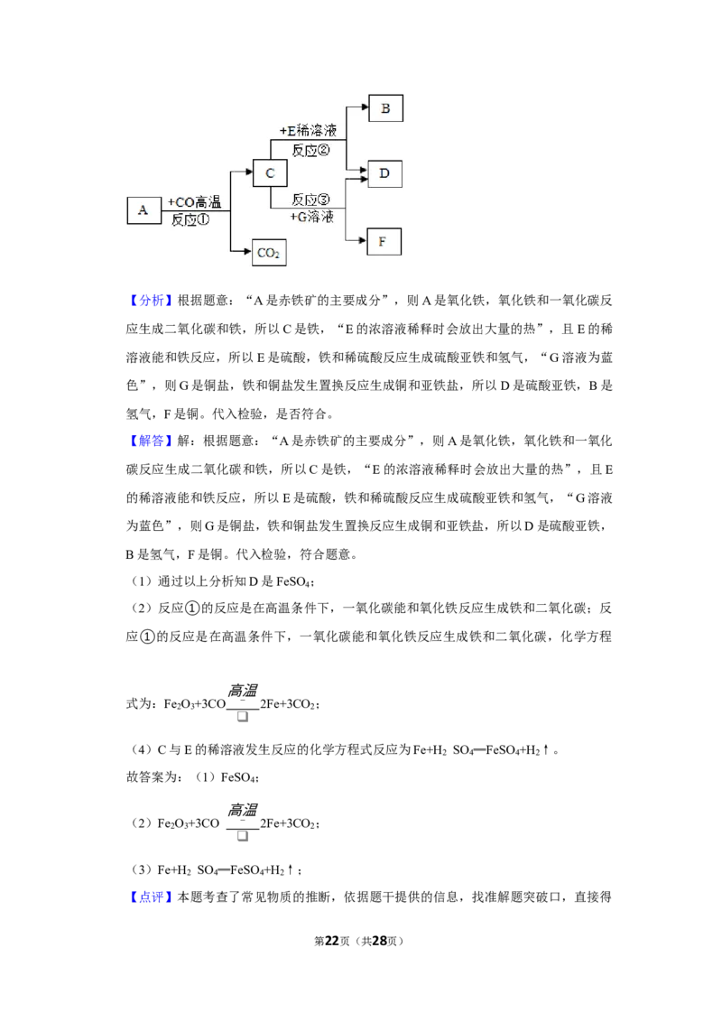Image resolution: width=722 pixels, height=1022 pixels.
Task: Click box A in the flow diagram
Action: (x=143, y=210)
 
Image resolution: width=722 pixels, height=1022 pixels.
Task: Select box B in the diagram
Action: (x=385, y=108)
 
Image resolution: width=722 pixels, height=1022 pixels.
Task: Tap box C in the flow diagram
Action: (x=270, y=173)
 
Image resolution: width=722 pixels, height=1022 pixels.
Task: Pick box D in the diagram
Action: (x=384, y=173)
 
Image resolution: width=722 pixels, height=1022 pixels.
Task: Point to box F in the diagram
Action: (x=384, y=241)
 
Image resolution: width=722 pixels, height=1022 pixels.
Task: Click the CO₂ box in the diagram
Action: (x=269, y=252)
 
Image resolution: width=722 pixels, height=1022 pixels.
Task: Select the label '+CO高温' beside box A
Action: (x=194, y=202)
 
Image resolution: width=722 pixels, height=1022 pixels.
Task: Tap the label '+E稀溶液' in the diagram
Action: (x=309, y=130)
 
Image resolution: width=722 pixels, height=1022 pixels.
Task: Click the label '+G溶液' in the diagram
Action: (x=311, y=217)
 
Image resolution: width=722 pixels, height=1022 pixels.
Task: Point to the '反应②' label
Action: (x=310, y=150)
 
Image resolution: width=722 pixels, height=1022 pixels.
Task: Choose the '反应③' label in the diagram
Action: (x=310, y=199)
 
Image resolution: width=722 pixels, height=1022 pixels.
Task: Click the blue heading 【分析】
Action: (x=150, y=301)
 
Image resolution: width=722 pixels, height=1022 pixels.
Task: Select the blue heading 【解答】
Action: (x=150, y=441)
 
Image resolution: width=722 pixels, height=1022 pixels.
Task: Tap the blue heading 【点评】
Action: (x=150, y=897)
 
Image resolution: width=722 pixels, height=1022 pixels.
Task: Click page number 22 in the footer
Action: (x=332, y=941)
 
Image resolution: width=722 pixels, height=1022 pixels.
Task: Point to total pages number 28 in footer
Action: (x=379, y=941)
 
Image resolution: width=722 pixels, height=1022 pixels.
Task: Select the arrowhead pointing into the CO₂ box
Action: (x=247, y=251)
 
